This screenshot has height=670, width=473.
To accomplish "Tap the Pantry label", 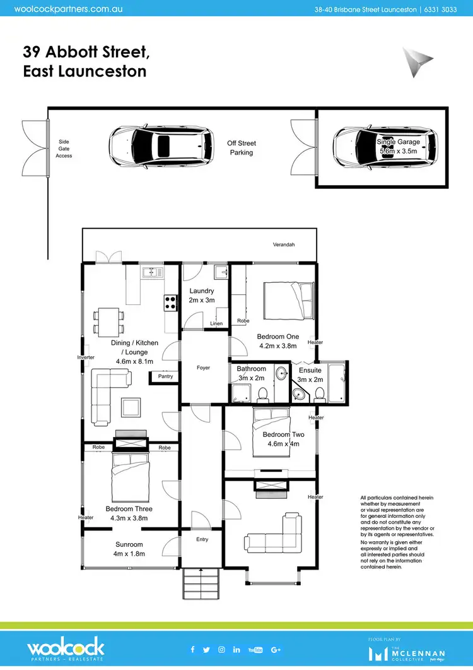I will click(165, 376).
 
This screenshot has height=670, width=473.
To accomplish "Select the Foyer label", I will click(202, 368).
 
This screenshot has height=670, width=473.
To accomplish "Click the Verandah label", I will click(283, 244).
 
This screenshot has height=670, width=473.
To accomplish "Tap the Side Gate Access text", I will click(64, 148).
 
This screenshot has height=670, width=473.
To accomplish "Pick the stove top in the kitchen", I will click(170, 302).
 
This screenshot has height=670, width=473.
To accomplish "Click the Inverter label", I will click(86, 357).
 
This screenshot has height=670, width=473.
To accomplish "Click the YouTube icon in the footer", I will click(255, 649).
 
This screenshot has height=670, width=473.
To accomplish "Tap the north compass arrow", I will click(418, 61).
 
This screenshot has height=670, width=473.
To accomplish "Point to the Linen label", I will click(216, 324).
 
